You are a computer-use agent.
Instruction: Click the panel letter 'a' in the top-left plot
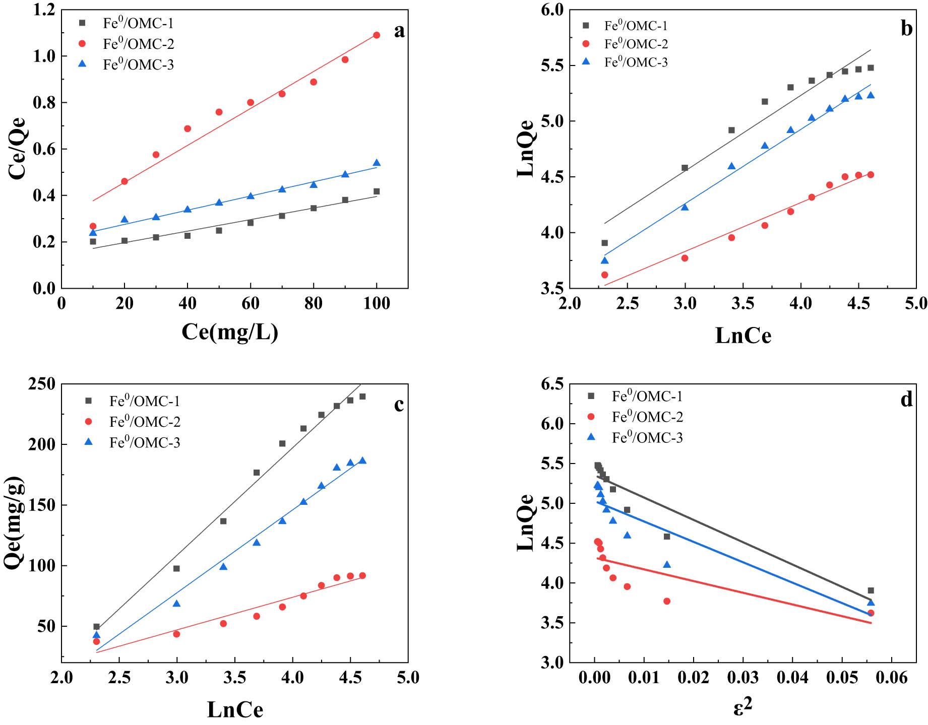[x=399, y=31]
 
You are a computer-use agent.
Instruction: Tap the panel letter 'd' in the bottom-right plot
[x=906, y=400]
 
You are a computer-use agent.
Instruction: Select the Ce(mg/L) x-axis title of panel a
[x=230, y=332]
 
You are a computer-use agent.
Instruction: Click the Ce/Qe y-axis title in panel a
[x=17, y=149]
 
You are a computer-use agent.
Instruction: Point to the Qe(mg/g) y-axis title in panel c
[x=14, y=522]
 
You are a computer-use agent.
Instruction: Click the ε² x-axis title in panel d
[x=743, y=707]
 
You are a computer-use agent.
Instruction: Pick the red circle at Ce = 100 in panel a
[x=377, y=35]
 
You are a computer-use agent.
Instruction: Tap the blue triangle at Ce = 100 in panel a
[x=377, y=163]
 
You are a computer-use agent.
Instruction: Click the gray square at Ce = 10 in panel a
[x=93, y=241]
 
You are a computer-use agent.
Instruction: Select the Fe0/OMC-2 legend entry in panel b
[x=636, y=44]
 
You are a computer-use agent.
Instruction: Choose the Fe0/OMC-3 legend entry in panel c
[x=144, y=443]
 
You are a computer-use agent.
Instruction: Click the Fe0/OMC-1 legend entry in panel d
[x=647, y=397]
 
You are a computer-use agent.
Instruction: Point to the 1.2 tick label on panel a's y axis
[x=44, y=10]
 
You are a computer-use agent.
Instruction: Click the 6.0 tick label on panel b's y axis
[x=551, y=10]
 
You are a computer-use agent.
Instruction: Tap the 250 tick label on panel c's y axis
[x=41, y=384]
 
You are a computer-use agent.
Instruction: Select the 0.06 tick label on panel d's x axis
[x=891, y=678]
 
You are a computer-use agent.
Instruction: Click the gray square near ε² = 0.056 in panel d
[x=871, y=590]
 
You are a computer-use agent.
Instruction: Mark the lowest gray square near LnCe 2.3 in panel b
[x=604, y=243]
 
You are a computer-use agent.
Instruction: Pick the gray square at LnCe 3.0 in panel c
[x=176, y=568]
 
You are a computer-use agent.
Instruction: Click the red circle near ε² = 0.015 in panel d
[x=667, y=601]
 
